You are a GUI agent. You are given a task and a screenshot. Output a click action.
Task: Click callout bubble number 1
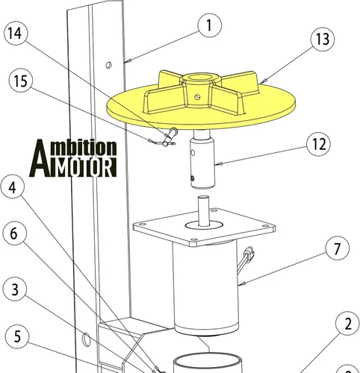pos(210,25)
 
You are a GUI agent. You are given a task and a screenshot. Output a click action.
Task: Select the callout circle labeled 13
pos(323,39)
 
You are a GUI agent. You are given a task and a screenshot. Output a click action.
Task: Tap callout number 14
pos(16,33)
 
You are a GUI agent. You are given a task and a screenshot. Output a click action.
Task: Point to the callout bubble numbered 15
pos(21,81)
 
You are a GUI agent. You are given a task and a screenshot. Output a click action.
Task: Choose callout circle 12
pos(319,144)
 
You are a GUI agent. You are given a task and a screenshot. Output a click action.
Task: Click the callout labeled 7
pos(337,248)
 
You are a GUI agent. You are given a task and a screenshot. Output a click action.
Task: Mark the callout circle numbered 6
pos(14,233)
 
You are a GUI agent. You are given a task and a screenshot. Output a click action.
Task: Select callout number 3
pos(15,289)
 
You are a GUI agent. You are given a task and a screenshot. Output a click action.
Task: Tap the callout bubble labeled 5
pos(17,336)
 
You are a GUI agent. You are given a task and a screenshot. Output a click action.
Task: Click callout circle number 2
pos(347,324)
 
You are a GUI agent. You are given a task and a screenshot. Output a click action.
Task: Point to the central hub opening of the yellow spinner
pos(200,78)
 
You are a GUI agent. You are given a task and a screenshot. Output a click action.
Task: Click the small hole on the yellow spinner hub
pos(198,96)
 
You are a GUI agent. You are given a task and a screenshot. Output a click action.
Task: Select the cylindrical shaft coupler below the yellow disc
pos(202,161)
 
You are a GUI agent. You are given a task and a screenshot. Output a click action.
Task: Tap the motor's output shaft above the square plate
pos(204,211)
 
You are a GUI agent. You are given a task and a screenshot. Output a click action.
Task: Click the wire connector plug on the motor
pos(249,253)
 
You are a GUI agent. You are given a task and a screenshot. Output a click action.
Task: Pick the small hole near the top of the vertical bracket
pos(108,65)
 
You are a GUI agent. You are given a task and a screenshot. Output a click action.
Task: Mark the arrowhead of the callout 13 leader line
pos(264,81)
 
